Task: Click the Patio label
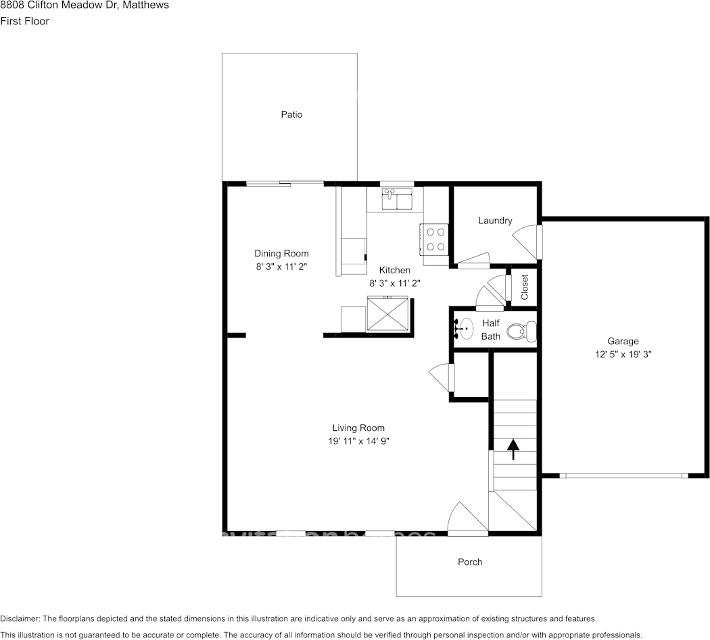(x=291, y=114)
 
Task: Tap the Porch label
(x=470, y=562)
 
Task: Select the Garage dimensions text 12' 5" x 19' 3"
(x=623, y=354)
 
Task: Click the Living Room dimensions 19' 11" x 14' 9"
(x=358, y=440)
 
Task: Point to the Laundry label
(x=495, y=221)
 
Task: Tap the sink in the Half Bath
(x=465, y=328)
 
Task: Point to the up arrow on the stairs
(x=513, y=449)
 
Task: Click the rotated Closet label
(x=525, y=287)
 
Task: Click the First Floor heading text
(x=24, y=21)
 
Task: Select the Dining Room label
(x=281, y=254)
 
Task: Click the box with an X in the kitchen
(x=388, y=315)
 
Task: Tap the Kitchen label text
(x=394, y=270)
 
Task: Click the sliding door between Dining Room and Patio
(x=284, y=183)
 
